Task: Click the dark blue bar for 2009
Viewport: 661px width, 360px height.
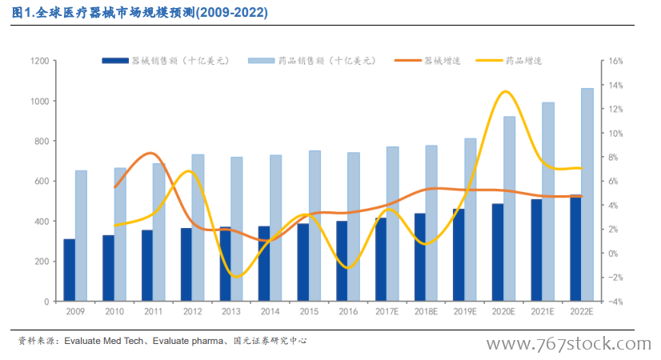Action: tap(70, 270)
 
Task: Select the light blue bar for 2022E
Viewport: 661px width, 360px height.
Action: tap(587, 194)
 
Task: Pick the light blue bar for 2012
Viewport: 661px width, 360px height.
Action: tap(198, 228)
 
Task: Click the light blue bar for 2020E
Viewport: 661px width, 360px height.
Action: tap(509, 209)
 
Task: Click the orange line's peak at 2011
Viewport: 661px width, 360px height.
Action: tap(151, 153)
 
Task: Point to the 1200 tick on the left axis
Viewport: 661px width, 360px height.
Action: tap(40, 61)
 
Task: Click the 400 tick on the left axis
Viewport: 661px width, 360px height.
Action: tap(43, 222)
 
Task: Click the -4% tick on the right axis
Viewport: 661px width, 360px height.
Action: tap(615, 302)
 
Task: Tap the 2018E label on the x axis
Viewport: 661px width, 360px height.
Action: tap(426, 311)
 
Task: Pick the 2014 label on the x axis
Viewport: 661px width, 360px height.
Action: tap(270, 311)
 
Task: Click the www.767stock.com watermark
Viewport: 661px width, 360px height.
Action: tap(567, 344)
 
